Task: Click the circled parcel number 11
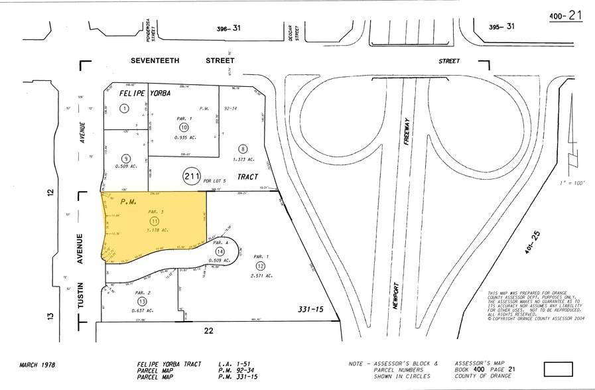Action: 155,221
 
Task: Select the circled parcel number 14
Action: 220,252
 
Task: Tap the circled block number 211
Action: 192,176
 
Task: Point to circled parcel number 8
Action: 243,149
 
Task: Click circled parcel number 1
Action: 123,108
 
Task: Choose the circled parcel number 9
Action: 125,158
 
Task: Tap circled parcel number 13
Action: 125,301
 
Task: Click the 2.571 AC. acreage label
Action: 260,276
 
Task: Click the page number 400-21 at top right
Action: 566,15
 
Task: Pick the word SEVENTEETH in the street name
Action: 159,60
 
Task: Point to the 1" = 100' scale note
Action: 572,182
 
